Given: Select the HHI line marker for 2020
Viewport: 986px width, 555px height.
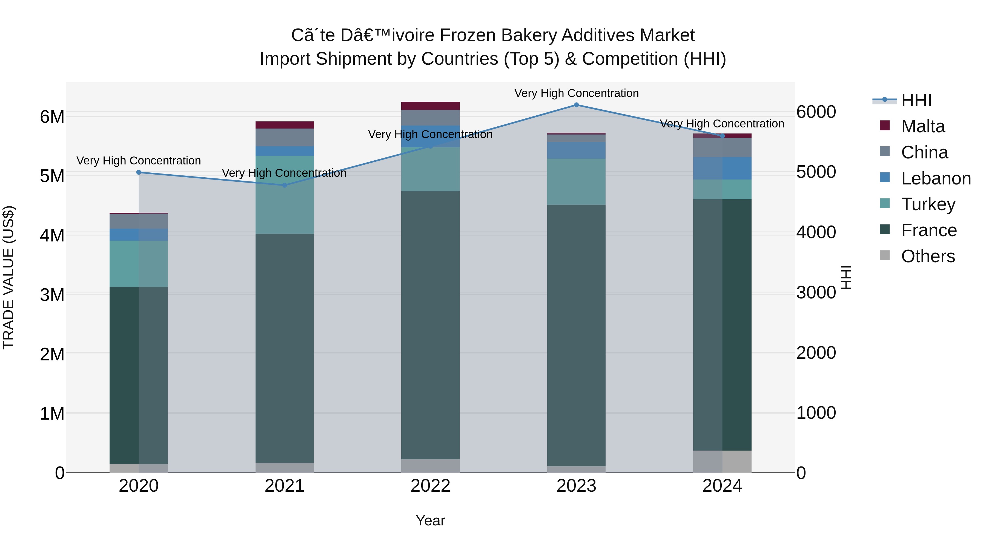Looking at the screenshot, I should [139, 172].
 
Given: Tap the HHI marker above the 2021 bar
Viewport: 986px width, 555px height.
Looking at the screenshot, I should [284, 185].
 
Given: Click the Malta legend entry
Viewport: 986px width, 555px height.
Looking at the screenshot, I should [922, 126].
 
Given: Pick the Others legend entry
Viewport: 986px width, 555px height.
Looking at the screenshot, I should [927, 256].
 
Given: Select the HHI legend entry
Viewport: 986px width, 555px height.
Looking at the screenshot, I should [916, 100].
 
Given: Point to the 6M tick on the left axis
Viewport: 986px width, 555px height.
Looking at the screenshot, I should [52, 117].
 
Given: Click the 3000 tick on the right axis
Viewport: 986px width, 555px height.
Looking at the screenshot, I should [816, 293].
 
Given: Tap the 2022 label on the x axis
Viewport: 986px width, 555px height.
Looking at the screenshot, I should [430, 486].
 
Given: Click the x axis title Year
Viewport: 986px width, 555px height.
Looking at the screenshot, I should [430, 520].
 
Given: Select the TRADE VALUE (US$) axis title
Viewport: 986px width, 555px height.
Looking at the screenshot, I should [8, 277].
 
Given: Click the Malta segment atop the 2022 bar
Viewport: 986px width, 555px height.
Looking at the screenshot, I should [430, 106].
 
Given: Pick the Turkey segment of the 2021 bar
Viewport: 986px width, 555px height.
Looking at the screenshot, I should [284, 195].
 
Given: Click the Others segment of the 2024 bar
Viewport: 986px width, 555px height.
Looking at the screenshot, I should [722, 461].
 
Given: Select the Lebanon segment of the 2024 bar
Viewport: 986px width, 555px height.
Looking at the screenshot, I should [722, 168].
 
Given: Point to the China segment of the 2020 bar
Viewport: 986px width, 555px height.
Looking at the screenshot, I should [139, 221].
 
